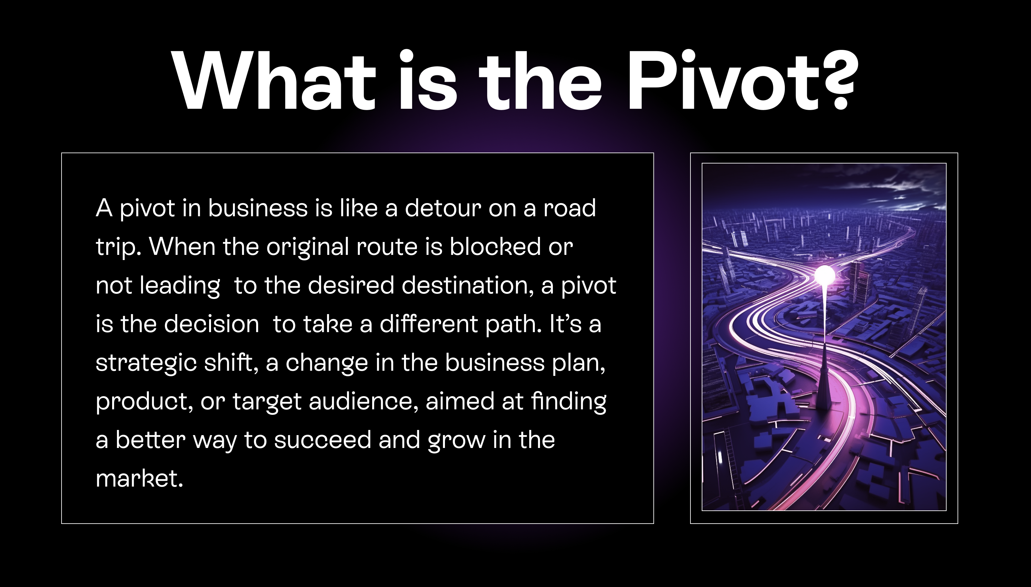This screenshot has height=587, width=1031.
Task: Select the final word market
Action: pos(139,478)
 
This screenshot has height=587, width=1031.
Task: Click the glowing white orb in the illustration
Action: pos(825,276)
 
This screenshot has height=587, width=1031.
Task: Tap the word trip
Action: pos(118,247)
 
